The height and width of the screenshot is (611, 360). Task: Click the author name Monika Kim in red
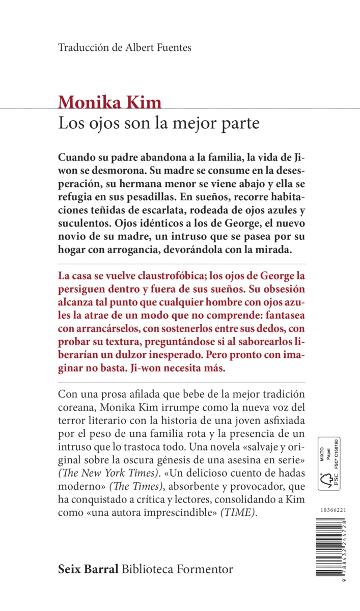109,102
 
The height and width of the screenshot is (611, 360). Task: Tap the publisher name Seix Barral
89,569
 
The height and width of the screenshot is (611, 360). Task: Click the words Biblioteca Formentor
178,569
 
